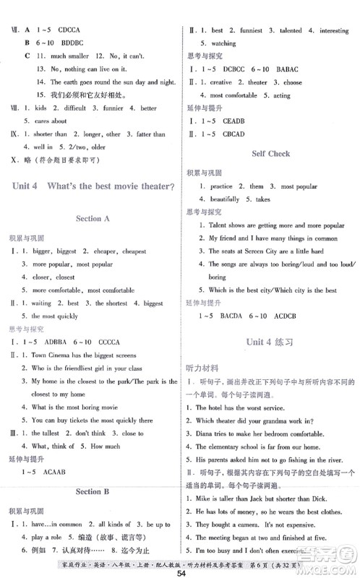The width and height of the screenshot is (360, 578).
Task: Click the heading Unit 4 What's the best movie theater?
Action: coord(93,186)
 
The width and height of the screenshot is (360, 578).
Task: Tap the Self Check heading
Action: coord(270,154)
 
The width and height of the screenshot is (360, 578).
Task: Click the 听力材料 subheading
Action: coord(201,368)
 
